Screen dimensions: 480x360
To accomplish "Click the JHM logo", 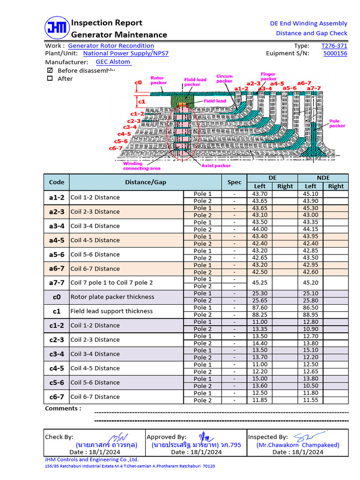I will (x=57, y=29).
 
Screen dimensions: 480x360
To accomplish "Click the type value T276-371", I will (x=334, y=46).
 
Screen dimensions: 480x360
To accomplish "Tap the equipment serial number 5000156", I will (x=335, y=53).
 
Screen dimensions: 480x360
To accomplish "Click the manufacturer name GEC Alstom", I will (x=113, y=62).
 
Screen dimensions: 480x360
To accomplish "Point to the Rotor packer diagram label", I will (x=158, y=80).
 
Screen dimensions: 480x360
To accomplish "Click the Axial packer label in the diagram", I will (x=216, y=165).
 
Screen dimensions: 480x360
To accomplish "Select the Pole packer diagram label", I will (x=337, y=123).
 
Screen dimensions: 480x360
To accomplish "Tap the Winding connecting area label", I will (x=142, y=166).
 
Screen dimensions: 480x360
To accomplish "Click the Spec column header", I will (x=234, y=182).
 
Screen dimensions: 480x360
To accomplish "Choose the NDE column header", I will (x=323, y=178).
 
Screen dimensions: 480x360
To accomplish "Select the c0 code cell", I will (x=57, y=297).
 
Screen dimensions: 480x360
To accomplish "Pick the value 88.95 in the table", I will (x=310, y=315).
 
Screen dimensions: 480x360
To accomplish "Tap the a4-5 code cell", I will (x=57, y=240).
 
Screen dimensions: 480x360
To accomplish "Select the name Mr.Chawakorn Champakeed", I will (x=298, y=445).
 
